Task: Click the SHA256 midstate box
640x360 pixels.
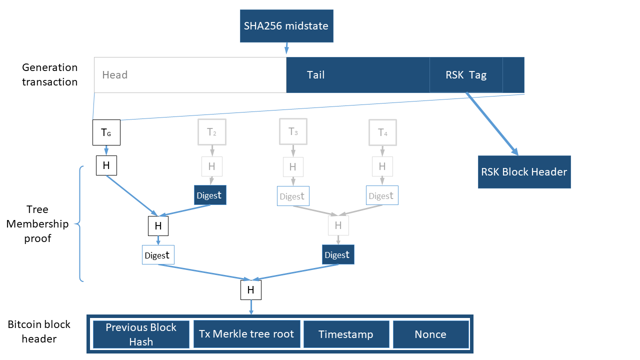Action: click(286, 25)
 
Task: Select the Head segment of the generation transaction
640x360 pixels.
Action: click(190, 75)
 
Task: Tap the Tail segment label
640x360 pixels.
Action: click(315, 75)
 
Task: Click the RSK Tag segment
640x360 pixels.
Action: click(466, 75)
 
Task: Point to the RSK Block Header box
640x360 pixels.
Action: click(524, 172)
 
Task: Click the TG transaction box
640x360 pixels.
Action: click(106, 132)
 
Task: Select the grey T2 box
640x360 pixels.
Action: click(212, 132)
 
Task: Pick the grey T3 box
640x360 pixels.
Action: click(293, 132)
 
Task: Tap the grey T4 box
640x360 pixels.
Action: click(382, 132)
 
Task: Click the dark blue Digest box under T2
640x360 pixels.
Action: click(210, 195)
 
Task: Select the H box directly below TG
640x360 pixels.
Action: click(106, 165)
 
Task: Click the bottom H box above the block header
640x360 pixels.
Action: click(251, 290)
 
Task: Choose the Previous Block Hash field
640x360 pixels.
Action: click(141, 334)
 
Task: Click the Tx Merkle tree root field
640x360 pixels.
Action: click(246, 334)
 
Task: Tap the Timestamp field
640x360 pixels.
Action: click(346, 334)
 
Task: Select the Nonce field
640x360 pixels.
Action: click(430, 334)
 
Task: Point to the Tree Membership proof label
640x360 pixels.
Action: click(38, 224)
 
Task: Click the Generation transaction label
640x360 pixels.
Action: click(49, 74)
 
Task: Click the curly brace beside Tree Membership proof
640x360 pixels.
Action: click(80, 224)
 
